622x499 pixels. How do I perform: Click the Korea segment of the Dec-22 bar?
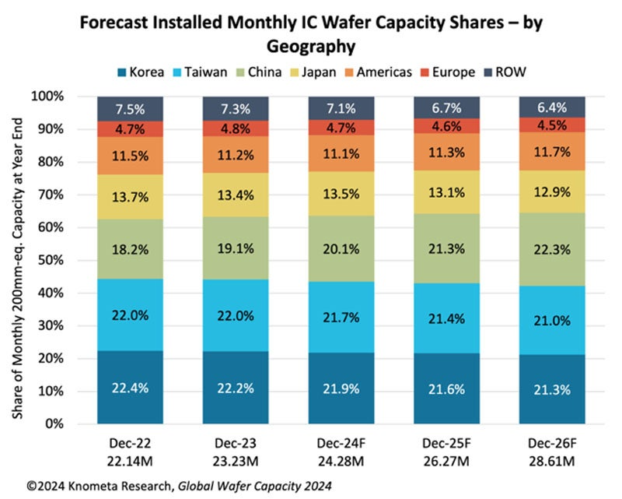tap(129, 387)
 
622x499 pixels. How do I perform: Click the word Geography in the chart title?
tap(311, 46)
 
